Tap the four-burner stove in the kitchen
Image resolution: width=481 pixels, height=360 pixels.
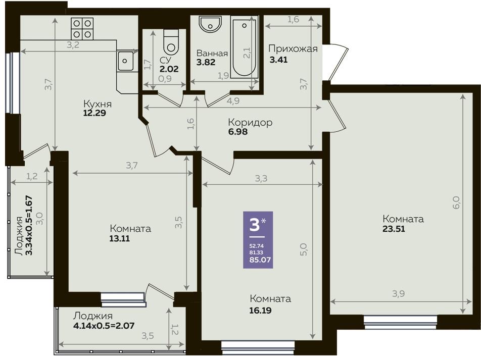[x=82, y=29]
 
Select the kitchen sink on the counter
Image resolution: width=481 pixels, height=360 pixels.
[x=126, y=61]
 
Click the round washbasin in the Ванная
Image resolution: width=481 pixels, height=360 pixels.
[x=210, y=25]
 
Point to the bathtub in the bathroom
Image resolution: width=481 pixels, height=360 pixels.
[x=244, y=48]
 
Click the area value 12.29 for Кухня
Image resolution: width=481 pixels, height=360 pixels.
[x=94, y=113]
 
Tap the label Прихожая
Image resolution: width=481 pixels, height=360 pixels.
[x=293, y=49]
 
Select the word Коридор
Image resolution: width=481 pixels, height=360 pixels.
[x=250, y=122]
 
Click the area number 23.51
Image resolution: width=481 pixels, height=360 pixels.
[x=394, y=229]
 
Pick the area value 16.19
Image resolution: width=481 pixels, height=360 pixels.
[x=260, y=311]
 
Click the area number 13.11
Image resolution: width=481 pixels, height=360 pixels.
[x=120, y=238]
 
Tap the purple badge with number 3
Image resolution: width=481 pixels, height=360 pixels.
[x=258, y=240]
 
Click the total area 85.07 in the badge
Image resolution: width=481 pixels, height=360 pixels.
[x=260, y=260]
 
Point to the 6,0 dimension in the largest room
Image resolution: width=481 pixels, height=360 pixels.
[x=456, y=202]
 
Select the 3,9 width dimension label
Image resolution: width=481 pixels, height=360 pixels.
[x=398, y=294]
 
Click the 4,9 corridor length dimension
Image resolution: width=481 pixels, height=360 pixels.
[x=233, y=101]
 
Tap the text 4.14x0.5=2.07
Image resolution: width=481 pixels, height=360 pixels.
[x=104, y=325]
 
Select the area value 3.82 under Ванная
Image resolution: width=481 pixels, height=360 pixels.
[x=206, y=62]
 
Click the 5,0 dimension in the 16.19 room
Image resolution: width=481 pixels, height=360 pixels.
[x=303, y=249]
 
